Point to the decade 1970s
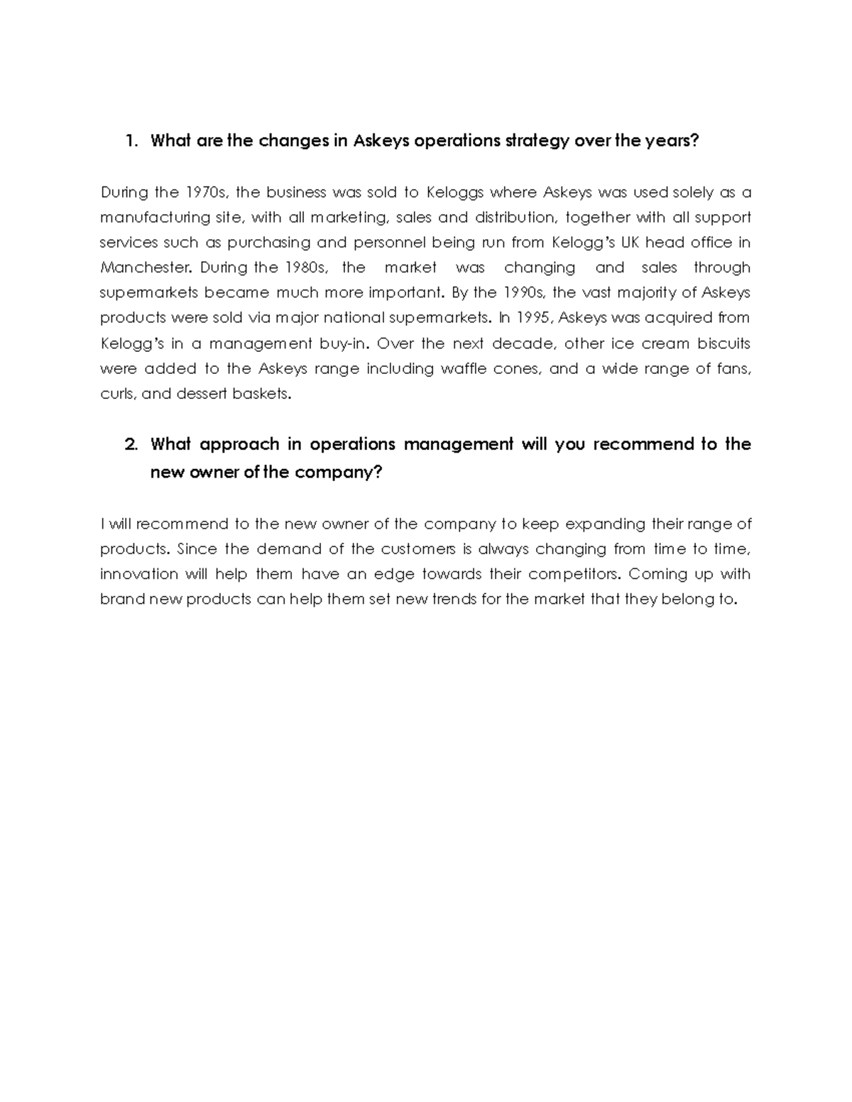point(207,192)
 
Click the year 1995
point(533,318)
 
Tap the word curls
point(117,394)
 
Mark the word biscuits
point(723,343)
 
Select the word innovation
point(139,574)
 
